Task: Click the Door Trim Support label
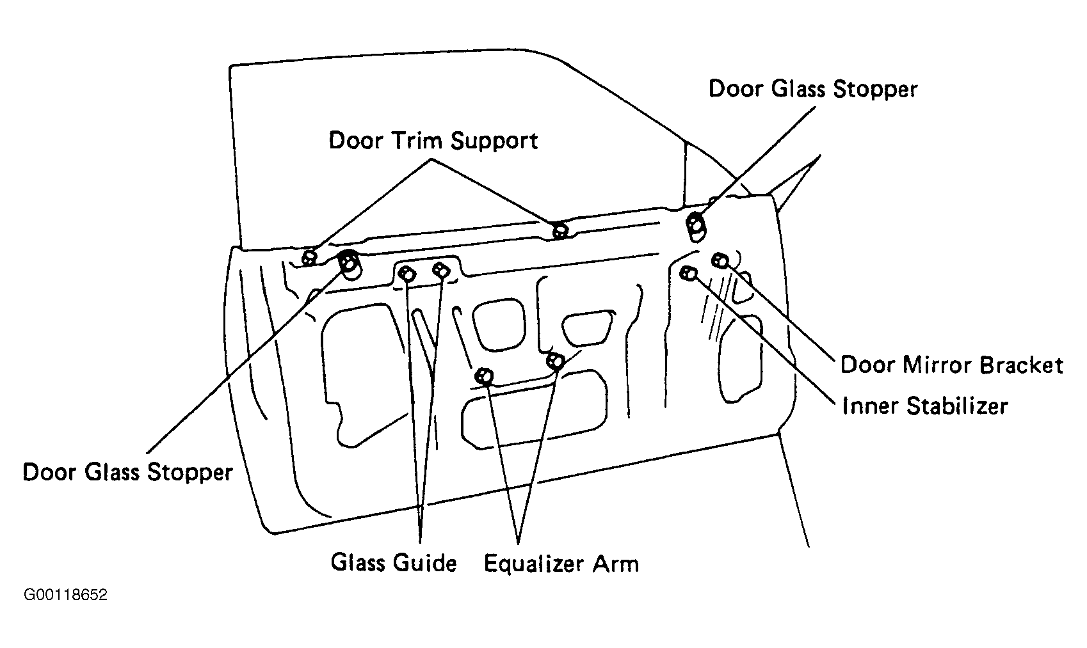(433, 141)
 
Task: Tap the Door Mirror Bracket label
(952, 365)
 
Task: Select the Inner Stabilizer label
(925, 406)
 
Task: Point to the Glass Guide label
(394, 563)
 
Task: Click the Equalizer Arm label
(561, 564)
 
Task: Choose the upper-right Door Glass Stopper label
(813, 90)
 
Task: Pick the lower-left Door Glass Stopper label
(127, 472)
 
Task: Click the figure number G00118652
(65, 595)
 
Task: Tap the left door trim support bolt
(309, 258)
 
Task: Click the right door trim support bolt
(561, 230)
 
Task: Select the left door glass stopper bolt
(349, 262)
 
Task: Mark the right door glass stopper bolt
(696, 225)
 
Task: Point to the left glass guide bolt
(407, 274)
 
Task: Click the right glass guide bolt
(441, 270)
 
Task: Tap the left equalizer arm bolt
(485, 376)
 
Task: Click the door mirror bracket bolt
(721, 260)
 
